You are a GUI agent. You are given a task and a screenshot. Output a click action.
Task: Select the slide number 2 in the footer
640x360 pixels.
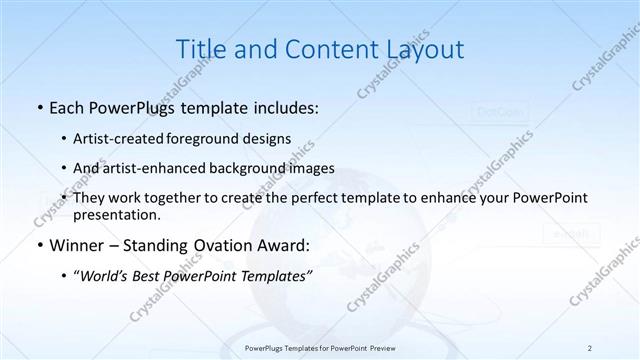tap(590, 347)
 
